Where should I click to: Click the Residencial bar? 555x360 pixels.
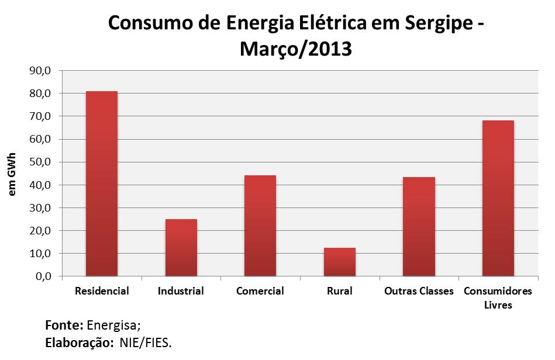coord(101,184)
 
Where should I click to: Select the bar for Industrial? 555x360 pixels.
coord(181,247)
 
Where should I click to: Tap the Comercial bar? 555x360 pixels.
coord(260,226)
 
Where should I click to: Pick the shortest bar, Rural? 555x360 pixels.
coord(339,262)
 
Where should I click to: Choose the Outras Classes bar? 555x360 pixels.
coord(419,226)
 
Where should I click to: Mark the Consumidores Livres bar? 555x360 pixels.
coord(498,198)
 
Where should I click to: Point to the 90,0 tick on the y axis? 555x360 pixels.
coord(40,71)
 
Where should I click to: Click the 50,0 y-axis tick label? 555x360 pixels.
coord(40,162)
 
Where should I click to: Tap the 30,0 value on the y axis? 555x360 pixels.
coord(40,208)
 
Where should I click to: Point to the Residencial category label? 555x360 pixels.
coord(102,291)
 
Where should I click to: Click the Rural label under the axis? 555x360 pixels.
coord(339,291)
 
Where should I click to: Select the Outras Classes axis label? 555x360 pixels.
coord(419,291)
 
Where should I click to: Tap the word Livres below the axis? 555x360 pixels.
coord(498,305)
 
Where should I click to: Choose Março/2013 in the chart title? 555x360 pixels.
coord(295,49)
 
